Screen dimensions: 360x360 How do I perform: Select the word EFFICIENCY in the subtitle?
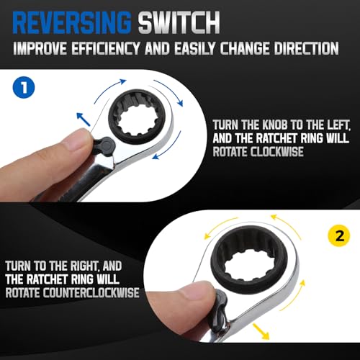tap(105, 48)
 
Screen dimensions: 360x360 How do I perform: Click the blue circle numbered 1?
tap(24, 87)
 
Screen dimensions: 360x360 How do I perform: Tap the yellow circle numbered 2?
tap(339, 235)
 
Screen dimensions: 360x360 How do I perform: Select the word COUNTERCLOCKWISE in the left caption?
tap(91, 292)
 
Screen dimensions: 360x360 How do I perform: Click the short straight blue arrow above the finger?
tap(84, 119)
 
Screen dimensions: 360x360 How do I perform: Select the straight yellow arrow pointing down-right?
tap(261, 331)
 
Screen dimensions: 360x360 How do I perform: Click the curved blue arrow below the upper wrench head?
tap(171, 146)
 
